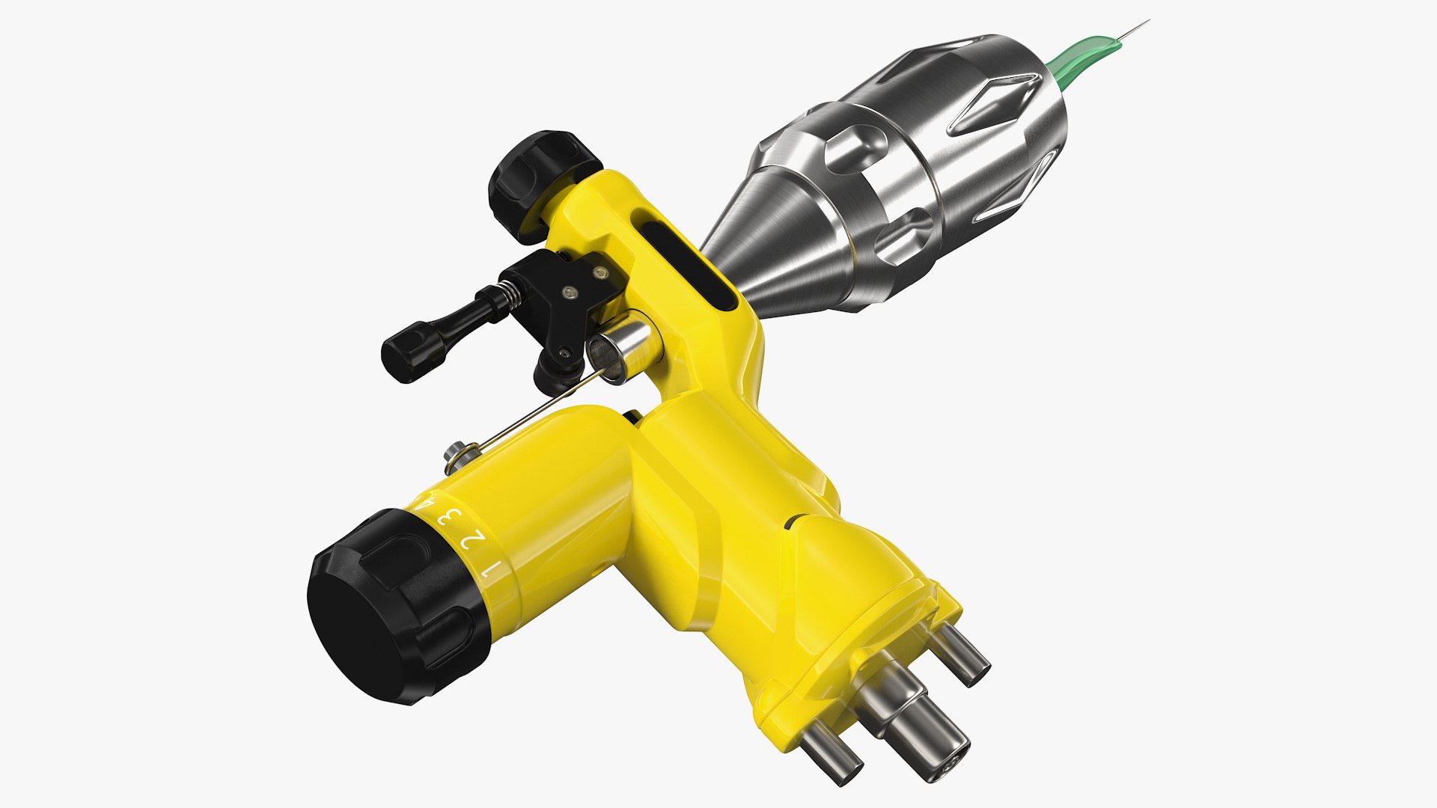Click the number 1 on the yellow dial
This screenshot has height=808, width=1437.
pos(489,570)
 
